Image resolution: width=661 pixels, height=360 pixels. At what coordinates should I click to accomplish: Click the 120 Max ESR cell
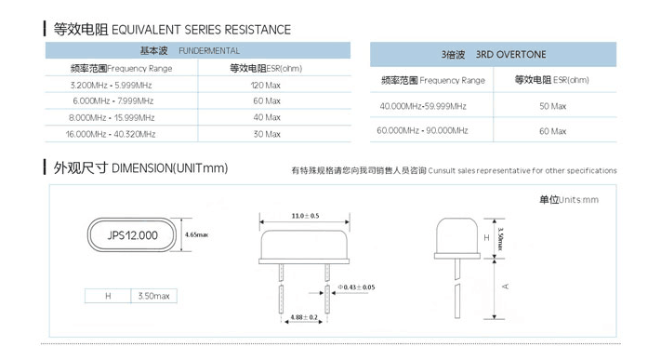[x=266, y=86]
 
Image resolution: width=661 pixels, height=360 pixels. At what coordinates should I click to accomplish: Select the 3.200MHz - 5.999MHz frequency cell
[x=112, y=86]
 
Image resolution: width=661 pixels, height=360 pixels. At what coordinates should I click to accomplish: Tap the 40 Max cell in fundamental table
[x=267, y=117]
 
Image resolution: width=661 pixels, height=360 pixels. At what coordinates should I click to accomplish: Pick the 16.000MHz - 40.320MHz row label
[x=111, y=134]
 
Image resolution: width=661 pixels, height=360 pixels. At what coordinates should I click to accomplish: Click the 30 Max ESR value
[x=267, y=134]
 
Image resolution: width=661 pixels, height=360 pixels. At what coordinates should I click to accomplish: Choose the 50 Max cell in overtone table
[x=552, y=106]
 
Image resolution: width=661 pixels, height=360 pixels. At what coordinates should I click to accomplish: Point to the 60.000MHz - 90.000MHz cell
[x=422, y=130]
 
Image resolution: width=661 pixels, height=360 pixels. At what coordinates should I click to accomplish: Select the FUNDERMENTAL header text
[x=209, y=51]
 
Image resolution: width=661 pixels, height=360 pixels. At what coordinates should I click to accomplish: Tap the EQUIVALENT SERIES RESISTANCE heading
[x=201, y=30]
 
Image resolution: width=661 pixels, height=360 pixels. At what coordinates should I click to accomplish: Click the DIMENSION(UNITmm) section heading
[x=169, y=168]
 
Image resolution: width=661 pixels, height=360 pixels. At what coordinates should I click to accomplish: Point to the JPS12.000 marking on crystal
[x=132, y=235]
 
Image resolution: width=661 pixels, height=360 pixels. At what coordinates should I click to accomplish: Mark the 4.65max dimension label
[x=196, y=234]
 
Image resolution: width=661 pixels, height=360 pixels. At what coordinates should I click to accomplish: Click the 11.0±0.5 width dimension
[x=305, y=216]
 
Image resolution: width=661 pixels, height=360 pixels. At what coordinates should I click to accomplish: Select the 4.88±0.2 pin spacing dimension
[x=304, y=317]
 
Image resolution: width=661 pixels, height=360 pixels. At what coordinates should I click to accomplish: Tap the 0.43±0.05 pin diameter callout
[x=356, y=287]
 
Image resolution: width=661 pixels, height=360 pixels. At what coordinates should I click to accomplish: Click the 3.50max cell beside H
[x=154, y=296]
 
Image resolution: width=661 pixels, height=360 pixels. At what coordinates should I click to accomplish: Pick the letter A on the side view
[x=506, y=287]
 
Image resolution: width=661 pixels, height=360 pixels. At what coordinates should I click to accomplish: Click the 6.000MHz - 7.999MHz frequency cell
[x=113, y=101]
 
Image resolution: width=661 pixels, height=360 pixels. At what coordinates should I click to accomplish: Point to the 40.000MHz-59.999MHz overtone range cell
[x=423, y=106]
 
